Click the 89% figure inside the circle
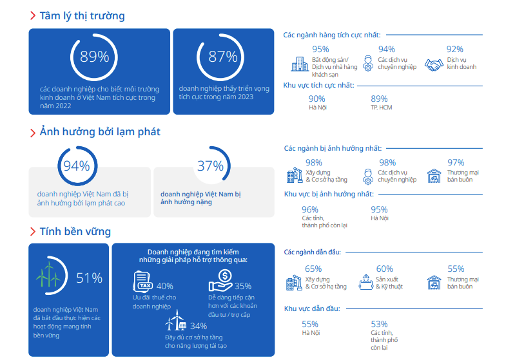(94, 57)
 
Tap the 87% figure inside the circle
(222, 57)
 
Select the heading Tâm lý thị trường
(82, 15)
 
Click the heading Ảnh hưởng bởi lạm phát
(99, 131)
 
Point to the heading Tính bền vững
(75, 231)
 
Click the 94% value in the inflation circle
(75, 166)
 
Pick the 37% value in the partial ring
(210, 166)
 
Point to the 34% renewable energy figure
(199, 326)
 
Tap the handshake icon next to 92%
(436, 64)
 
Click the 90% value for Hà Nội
(316, 99)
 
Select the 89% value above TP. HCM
(380, 99)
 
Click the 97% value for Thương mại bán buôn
(455, 162)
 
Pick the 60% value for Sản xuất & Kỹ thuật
(384, 269)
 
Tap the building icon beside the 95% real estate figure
(299, 64)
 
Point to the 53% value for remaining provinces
(380, 324)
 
